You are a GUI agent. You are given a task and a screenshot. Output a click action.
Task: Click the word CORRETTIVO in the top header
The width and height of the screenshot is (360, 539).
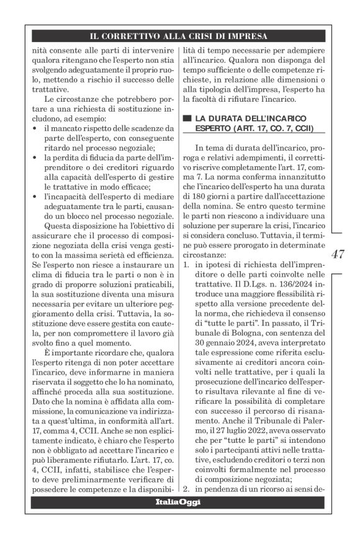145,35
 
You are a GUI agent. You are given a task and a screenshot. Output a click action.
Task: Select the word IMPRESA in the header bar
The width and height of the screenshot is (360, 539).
246,35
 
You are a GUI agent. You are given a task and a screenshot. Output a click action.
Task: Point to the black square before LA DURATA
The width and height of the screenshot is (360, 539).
184,118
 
